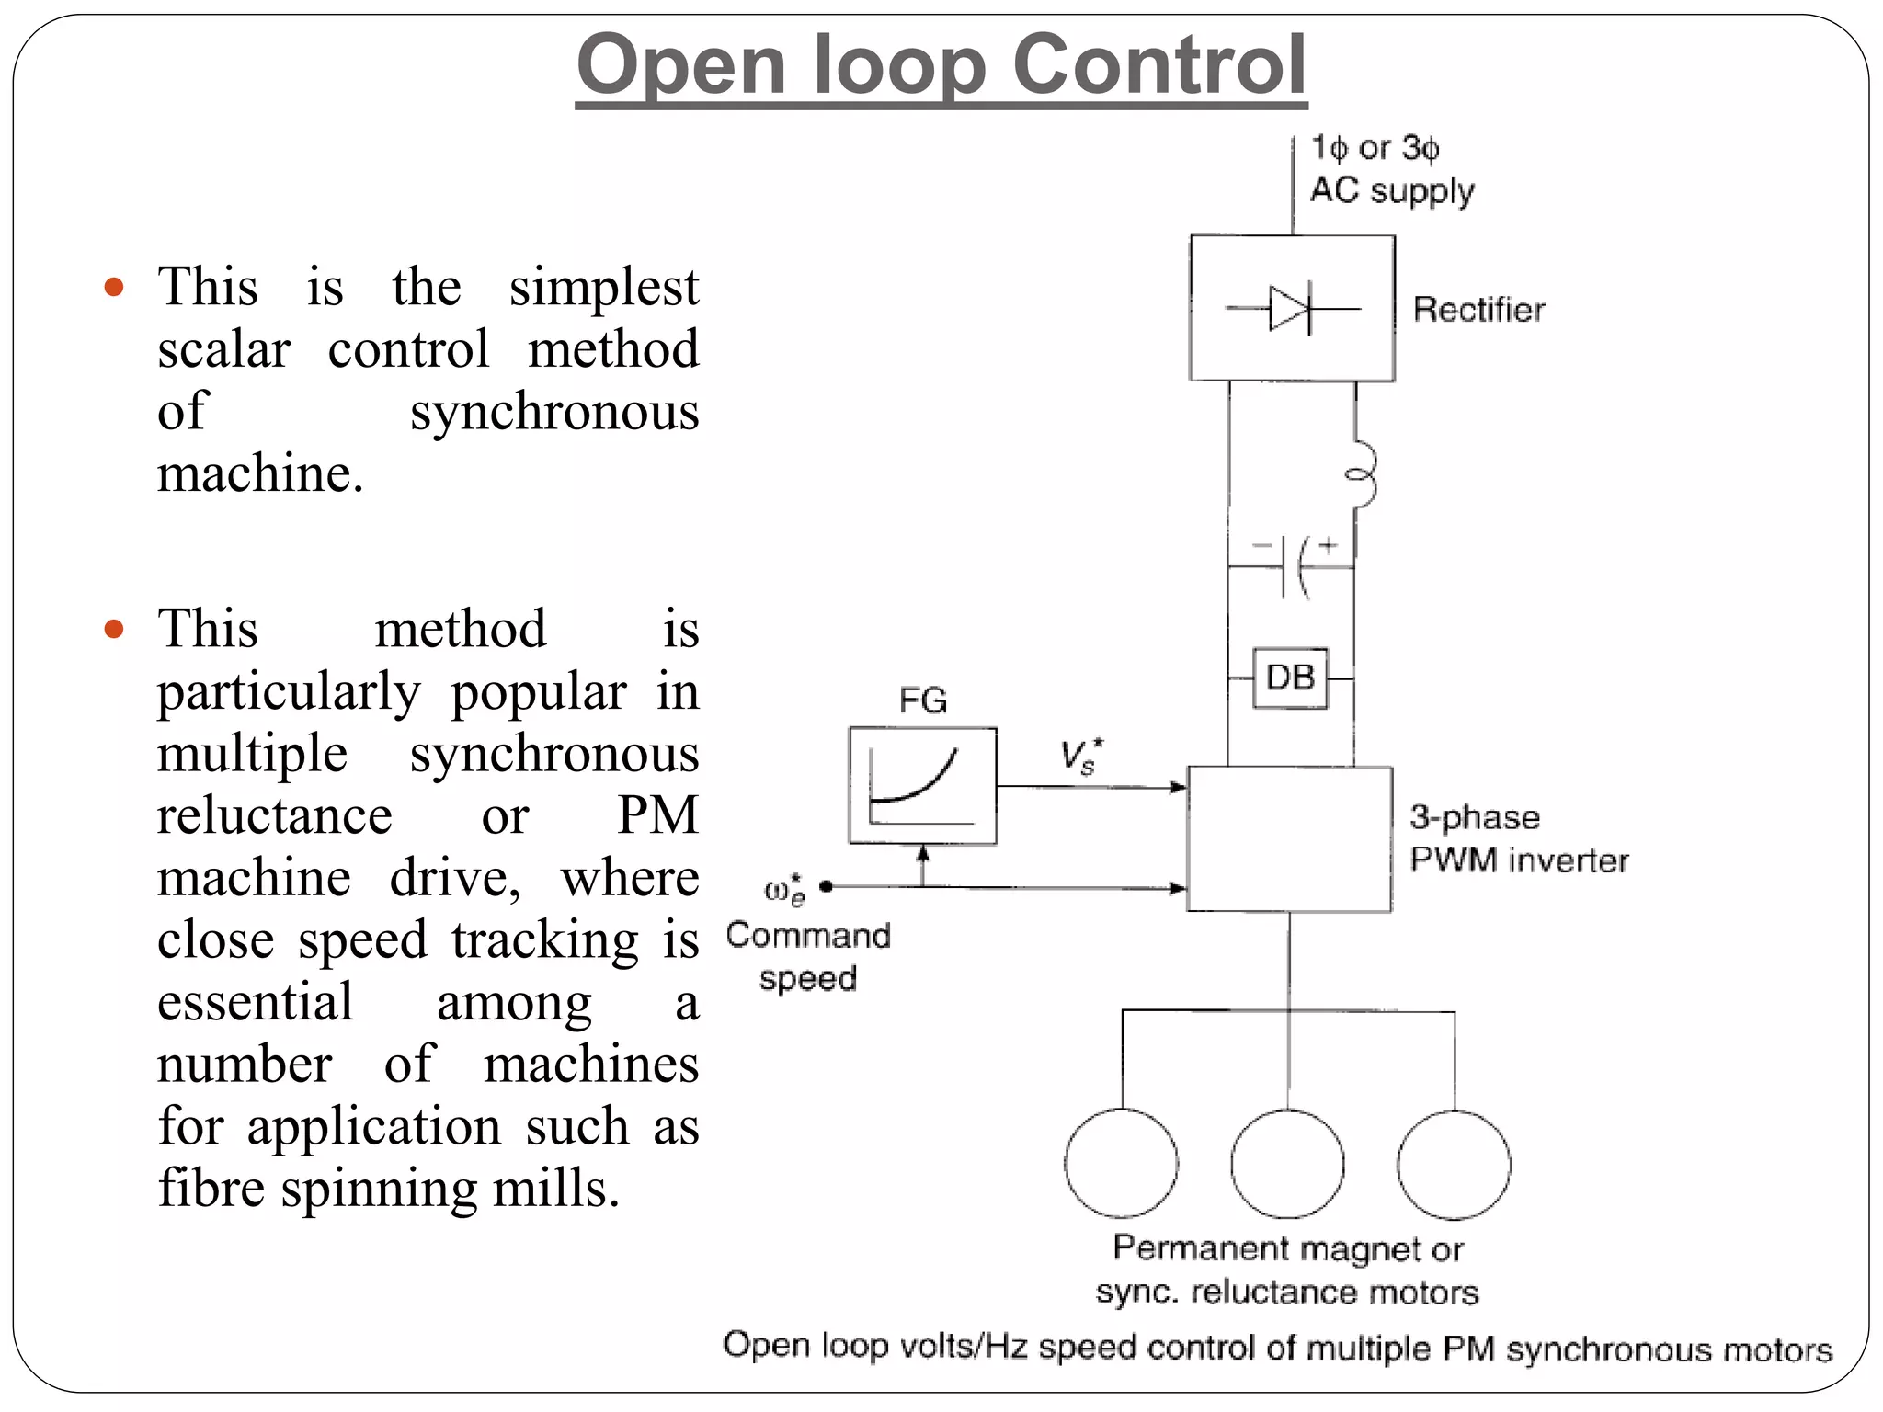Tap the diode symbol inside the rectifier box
1291,309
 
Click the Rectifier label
1478,310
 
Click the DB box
1290,678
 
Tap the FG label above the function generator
922,700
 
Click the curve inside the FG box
916,781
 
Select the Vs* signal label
1080,757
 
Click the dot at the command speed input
826,886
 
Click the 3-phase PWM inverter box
1289,838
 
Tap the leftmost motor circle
1122,1163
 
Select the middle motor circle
1287,1163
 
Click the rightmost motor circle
1454,1165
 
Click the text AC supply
1392,191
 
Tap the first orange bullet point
114,287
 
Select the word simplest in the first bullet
603,287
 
